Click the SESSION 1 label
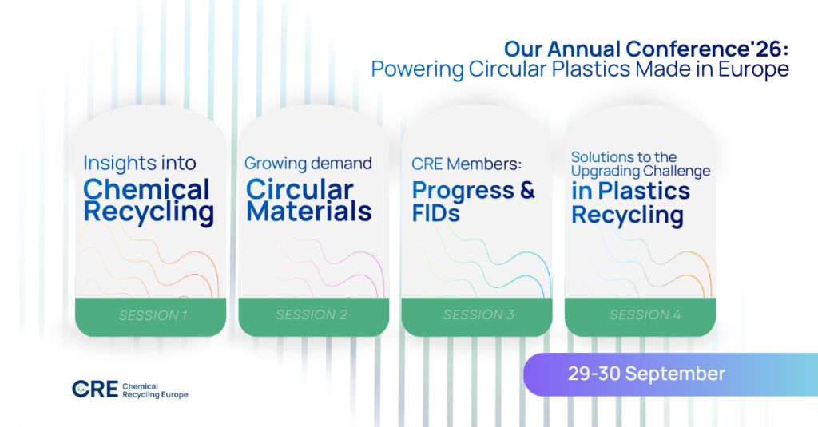pos(153,315)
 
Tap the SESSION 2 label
pos(312,315)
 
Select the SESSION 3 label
pos(479,315)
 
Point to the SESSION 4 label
pos(645,315)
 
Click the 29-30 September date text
pos(646,374)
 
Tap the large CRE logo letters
pos(95,389)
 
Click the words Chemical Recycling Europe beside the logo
pos(155,390)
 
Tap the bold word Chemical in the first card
pos(147,188)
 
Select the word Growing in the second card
pos(276,164)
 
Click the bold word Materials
pos(309,212)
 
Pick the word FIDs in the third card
pos(436,213)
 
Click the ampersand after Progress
pos(527,190)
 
